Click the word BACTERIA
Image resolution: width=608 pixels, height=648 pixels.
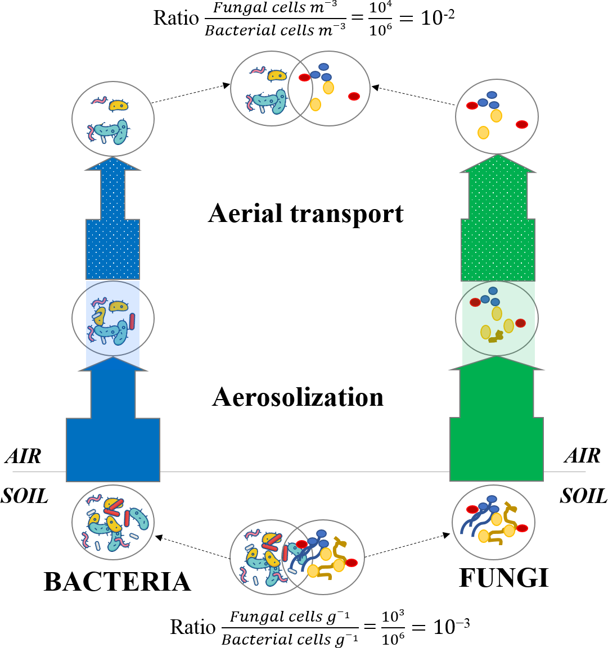pyautogui.click(x=117, y=582)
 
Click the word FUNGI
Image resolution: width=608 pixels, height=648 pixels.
pyautogui.click(x=503, y=578)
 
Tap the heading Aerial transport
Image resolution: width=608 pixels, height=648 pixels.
pyautogui.click(x=306, y=214)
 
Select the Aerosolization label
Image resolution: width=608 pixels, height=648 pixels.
pyautogui.click(x=298, y=397)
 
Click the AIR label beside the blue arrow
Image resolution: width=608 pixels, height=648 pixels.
pyautogui.click(x=24, y=456)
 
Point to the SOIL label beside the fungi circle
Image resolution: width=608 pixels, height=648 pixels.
pyautogui.click(x=583, y=496)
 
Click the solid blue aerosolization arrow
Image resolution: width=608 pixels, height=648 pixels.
pyautogui.click(x=113, y=433)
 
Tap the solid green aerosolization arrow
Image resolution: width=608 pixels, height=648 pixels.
pyautogui.click(x=497, y=433)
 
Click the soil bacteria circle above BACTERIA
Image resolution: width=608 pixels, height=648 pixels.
pyautogui.click(x=113, y=523)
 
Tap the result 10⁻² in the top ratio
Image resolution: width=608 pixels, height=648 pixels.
pyautogui.click(x=437, y=17)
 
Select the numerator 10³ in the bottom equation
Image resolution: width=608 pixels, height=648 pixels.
pyautogui.click(x=393, y=617)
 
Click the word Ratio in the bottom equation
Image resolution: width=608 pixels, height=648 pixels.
pyautogui.click(x=193, y=627)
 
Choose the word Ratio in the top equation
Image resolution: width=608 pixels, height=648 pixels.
pyautogui.click(x=176, y=18)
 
